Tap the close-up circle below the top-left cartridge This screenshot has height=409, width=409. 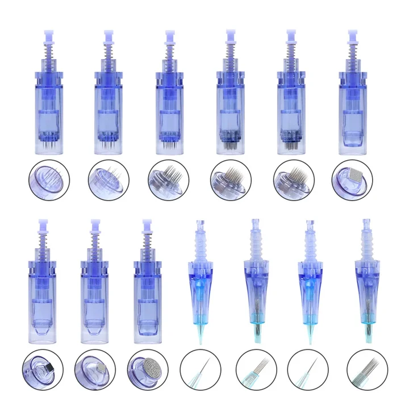pos(49,181)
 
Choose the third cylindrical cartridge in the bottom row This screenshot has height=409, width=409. pos(148,284)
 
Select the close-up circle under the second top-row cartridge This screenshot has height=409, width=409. pos(108,181)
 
